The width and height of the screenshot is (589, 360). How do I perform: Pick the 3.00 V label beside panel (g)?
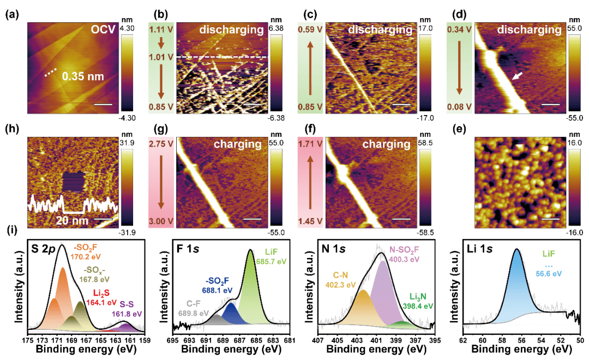(162, 223)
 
